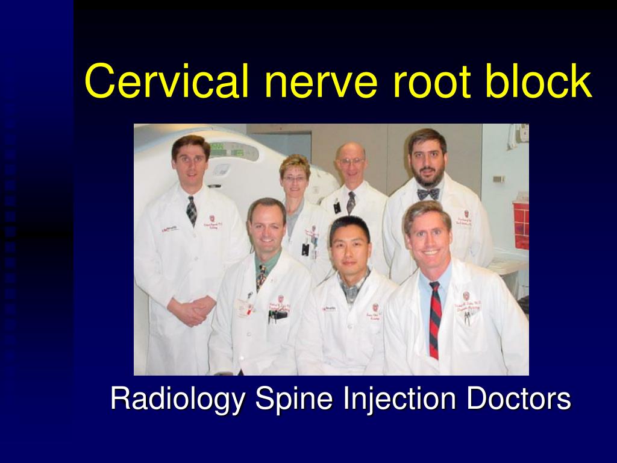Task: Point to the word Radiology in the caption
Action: (178, 400)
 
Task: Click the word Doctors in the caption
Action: (518, 400)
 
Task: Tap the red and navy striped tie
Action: (434, 319)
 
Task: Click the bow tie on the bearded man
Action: (428, 194)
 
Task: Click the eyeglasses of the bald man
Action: (351, 162)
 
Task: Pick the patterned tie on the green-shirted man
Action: (261, 277)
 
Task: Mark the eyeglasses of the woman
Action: (295, 178)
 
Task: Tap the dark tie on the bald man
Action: (351, 202)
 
